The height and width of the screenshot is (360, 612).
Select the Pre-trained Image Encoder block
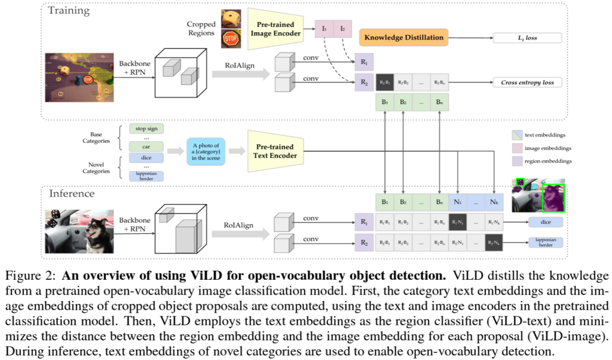[x=276, y=29]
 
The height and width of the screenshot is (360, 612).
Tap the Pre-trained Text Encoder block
[x=276, y=151]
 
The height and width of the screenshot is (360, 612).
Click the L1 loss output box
[x=527, y=38]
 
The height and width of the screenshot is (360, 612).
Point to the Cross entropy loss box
[x=527, y=82]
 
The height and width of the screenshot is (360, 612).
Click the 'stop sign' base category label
[x=146, y=128]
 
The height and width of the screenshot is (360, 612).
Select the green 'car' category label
[x=146, y=146]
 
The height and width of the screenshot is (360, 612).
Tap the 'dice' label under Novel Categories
[x=146, y=158]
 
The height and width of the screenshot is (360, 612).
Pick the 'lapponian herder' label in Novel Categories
[x=146, y=176]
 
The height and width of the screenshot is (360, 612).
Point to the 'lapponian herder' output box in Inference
[x=545, y=242]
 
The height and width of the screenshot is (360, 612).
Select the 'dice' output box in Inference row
[x=545, y=222]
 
